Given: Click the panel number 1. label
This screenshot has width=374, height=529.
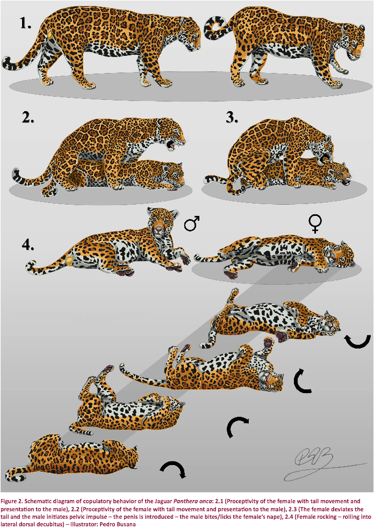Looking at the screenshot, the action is point(25,23).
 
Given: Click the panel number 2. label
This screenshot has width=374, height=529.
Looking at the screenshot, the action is point(28,117).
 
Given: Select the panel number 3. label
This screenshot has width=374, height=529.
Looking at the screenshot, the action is point(232,117).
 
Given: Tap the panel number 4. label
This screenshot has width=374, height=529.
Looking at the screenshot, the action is point(28,244).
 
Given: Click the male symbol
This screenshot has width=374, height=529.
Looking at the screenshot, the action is point(192,223).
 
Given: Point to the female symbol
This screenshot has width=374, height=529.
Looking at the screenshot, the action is point(315,224).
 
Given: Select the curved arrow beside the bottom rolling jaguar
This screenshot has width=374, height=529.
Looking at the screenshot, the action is point(173,467).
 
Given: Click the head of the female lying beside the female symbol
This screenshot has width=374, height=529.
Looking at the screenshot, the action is point(339,256).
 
